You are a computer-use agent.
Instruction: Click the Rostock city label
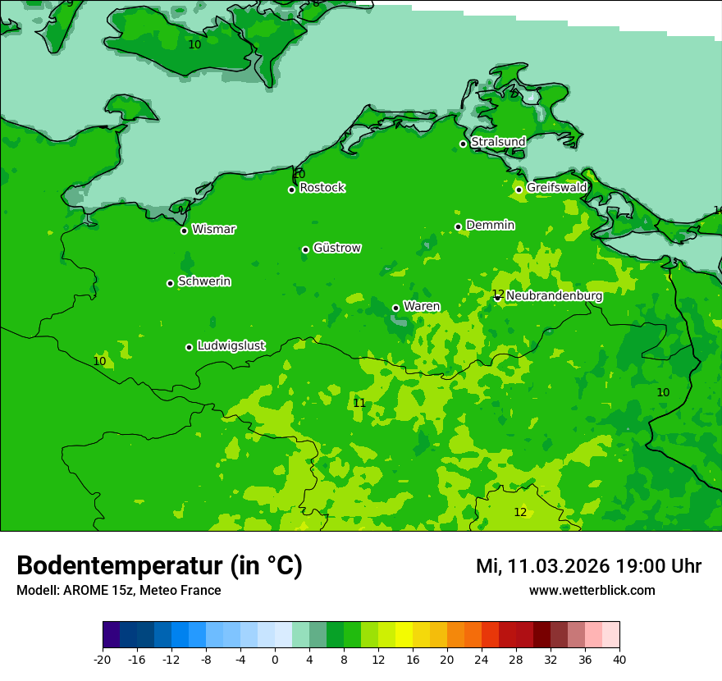[x=322, y=188]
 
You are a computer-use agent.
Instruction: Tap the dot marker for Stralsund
[x=463, y=144]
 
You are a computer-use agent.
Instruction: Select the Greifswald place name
[x=556, y=188]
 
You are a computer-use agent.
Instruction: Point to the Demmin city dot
[x=458, y=227]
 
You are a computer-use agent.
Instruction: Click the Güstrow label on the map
[x=336, y=248]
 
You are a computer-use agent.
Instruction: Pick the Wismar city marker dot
[x=184, y=231]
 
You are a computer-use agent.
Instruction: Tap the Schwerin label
[x=203, y=281]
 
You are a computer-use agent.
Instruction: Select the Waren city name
[x=421, y=306]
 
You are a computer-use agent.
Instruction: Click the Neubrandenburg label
[x=554, y=296]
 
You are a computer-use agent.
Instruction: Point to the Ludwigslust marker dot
[x=189, y=347]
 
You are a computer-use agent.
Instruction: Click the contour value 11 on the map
[x=359, y=403]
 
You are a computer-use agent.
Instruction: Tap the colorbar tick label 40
[x=619, y=659]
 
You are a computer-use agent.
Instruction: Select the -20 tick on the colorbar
[x=103, y=659]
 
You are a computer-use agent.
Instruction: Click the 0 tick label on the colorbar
[x=275, y=659]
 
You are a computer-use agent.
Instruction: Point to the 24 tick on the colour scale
[x=482, y=659]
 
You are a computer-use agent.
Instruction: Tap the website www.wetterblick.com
[x=592, y=590]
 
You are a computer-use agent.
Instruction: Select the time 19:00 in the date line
[x=646, y=566]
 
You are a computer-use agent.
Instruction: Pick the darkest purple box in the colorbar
[x=111, y=635]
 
